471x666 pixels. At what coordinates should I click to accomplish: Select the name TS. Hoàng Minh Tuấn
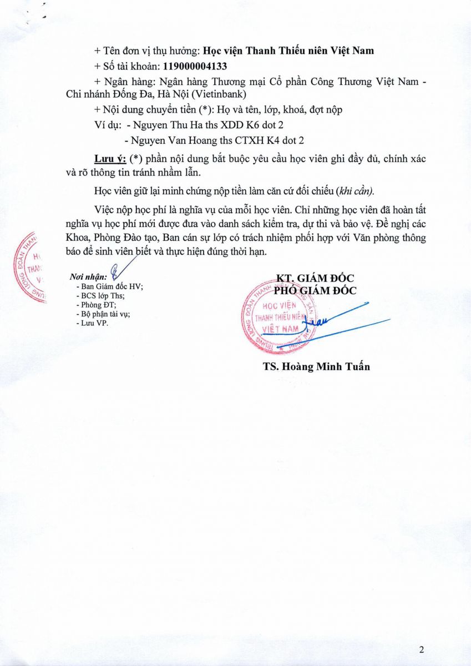click(x=316, y=366)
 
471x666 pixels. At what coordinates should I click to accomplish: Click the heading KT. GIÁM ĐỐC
click(x=315, y=279)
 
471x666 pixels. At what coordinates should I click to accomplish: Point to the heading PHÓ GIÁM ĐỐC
click(x=315, y=290)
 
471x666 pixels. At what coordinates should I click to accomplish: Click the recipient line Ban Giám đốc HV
click(x=110, y=286)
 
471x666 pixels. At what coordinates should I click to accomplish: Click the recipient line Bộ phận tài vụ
click(x=104, y=314)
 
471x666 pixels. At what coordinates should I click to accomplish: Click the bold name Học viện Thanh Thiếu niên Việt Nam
click(x=287, y=51)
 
